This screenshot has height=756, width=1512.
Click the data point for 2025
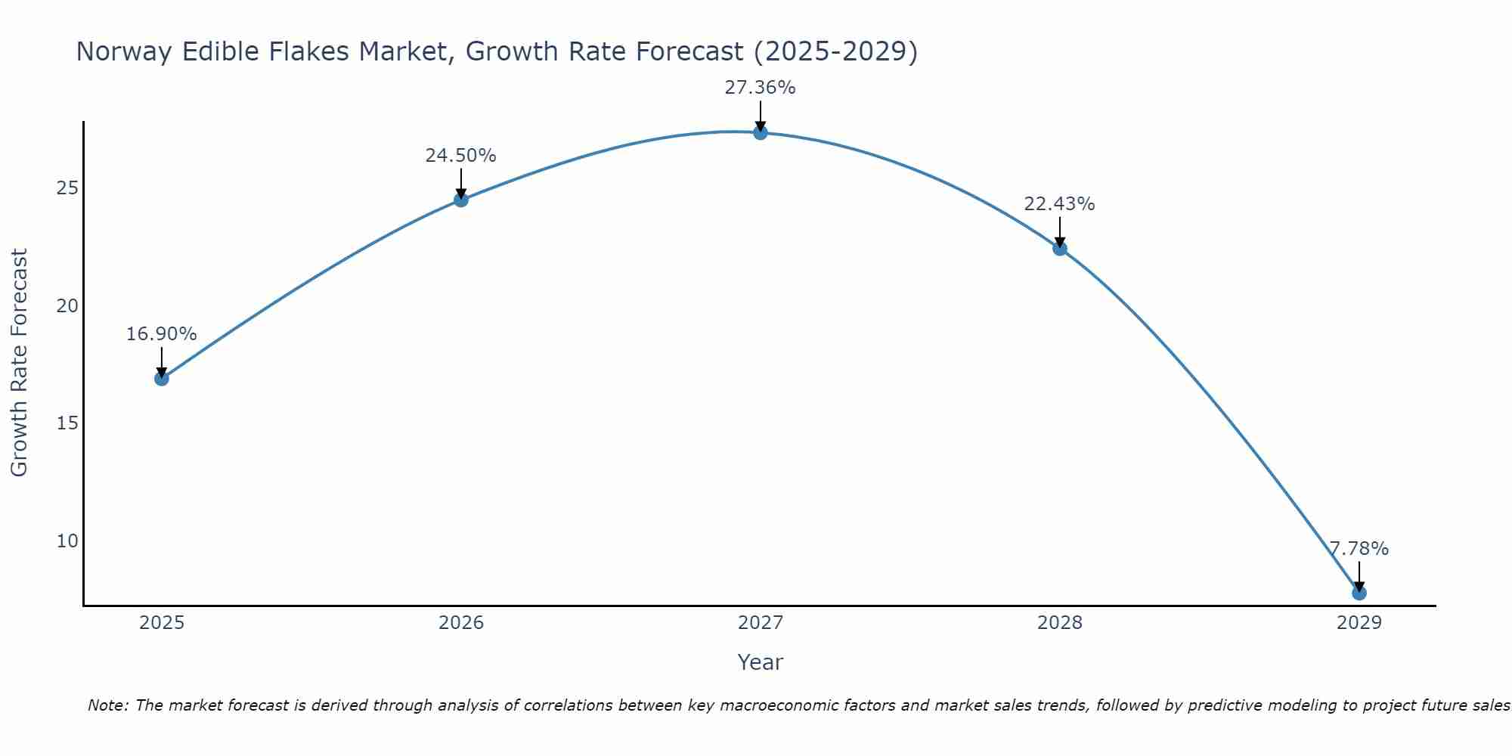click(162, 378)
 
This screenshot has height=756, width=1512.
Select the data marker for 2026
click(461, 200)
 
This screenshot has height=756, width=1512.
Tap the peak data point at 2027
click(761, 132)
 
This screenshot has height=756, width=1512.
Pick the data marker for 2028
click(1060, 248)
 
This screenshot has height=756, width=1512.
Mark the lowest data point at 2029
click(1359, 593)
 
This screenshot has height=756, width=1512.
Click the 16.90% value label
click(161, 334)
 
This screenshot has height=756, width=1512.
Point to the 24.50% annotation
click(460, 156)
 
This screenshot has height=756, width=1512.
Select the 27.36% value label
click(760, 88)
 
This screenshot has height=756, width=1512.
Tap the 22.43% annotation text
click(1059, 204)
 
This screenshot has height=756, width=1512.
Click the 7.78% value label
click(1359, 549)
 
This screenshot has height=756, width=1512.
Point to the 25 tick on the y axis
click(67, 188)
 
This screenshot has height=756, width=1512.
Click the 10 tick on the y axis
click(67, 541)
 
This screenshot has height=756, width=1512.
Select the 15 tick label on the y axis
click(67, 423)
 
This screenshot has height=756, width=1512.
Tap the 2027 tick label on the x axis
click(761, 623)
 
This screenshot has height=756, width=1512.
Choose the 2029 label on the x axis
click(1359, 623)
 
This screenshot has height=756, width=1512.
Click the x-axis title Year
click(760, 662)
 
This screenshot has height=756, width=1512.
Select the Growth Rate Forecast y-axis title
click(20, 363)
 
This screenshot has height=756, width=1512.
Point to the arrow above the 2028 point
click(1060, 233)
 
